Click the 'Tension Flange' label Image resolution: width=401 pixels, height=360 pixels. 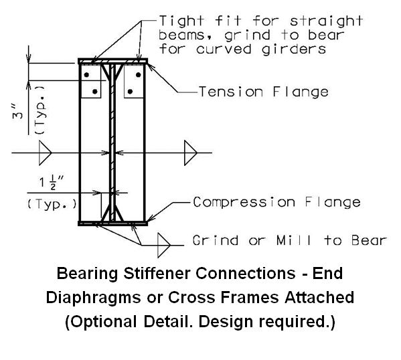tap(264, 92)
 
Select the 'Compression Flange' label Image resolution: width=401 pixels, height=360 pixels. tap(276, 203)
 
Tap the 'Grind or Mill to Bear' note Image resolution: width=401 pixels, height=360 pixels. tap(290, 241)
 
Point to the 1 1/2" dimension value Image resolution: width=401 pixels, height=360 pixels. tap(51, 182)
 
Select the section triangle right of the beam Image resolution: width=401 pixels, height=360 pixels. tap(191, 153)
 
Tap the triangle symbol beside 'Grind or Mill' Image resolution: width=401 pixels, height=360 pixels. tap(164, 245)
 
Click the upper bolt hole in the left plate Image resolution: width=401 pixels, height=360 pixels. tap(87, 75)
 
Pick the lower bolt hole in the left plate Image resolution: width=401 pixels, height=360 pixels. tap(95, 91)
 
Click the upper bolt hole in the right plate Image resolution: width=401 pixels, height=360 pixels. tap(139, 75)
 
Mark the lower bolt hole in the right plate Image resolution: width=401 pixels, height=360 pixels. tap(130, 91)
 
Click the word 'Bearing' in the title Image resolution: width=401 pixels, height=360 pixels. tap(87, 274)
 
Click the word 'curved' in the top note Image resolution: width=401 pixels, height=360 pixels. tap(224, 49)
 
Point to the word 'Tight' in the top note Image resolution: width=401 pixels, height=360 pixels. tap(181, 21)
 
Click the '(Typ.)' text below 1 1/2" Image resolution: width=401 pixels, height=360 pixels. tap(52, 204)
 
